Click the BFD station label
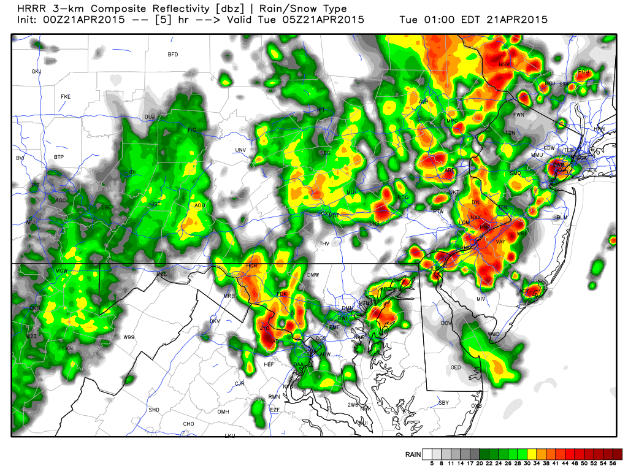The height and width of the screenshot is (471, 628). pos(172,55)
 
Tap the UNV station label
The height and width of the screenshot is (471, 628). pos(240,150)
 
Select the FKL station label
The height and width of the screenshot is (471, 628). pos(66,97)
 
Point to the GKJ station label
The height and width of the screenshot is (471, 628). pos(36,72)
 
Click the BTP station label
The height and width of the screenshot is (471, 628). pos(58,158)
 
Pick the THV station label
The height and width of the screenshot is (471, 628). pos(324,244)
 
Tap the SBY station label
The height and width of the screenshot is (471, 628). pos(444,403)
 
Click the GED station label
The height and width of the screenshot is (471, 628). pos(456,367)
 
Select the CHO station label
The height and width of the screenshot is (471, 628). pos(188,424)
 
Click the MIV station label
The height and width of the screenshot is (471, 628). pos(481,299)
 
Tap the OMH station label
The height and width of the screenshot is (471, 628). pos(223,412)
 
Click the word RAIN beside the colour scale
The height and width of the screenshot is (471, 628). pos(413,454)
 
